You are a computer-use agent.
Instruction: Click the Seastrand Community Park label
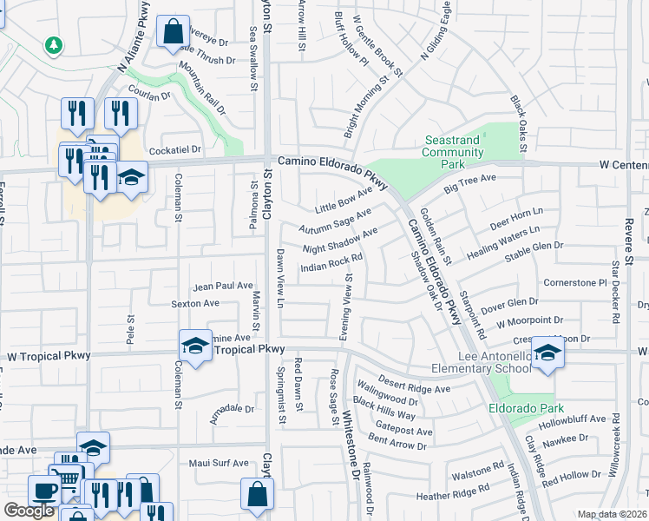click(x=452, y=152)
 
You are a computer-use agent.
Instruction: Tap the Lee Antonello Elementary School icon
click(x=547, y=353)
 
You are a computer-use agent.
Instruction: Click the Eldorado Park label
click(x=525, y=408)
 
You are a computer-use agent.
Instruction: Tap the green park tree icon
click(x=54, y=44)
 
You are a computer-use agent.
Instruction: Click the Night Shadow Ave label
click(x=340, y=241)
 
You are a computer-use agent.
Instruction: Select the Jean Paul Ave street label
click(x=223, y=286)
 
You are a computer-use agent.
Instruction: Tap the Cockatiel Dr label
click(x=175, y=149)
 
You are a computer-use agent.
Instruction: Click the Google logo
click(x=29, y=511)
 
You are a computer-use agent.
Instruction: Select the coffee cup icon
click(x=43, y=490)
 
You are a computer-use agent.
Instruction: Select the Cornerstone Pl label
click(x=574, y=283)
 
